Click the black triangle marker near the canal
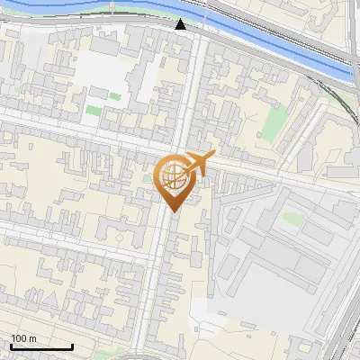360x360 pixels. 181,24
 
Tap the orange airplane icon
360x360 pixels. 198,163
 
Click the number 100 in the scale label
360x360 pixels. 19,337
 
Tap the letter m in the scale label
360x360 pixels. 33,337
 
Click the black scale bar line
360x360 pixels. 40,346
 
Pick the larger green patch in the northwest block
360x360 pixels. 94,111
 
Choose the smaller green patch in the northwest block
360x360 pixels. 115,95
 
